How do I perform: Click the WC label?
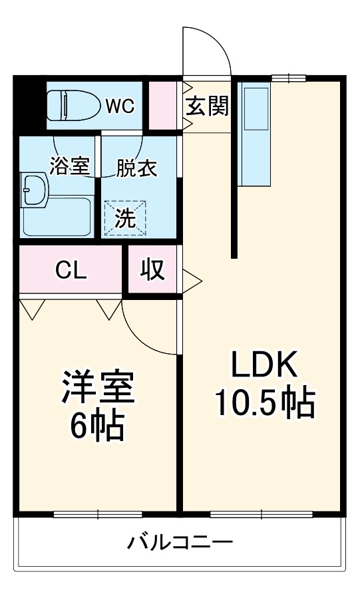tap(120, 105)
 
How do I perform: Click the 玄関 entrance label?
tap(207, 105)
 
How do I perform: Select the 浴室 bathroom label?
tap(69, 167)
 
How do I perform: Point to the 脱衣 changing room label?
tap(136, 168)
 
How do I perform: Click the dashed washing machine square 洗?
tap(126, 218)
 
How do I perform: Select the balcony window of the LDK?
tap(262, 514)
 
